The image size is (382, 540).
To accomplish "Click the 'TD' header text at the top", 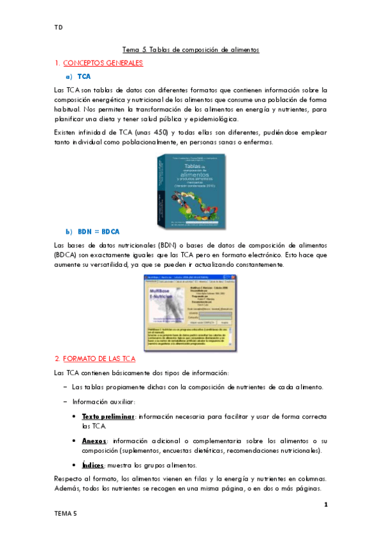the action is pyautogui.click(x=58, y=28).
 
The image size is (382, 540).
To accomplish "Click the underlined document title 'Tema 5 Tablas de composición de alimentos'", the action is pyautogui.click(x=191, y=50).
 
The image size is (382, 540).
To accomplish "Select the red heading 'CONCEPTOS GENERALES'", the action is pyautogui.click(x=102, y=63).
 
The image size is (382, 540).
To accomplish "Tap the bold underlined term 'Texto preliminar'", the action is pyautogui.click(x=108, y=416).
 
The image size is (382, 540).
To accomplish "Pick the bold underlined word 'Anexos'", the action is pyautogui.click(x=94, y=440).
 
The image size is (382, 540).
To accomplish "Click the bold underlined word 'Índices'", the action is pyautogui.click(x=94, y=465).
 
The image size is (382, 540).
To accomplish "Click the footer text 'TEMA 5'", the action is pyautogui.click(x=66, y=513).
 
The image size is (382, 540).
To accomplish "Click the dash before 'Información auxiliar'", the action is pyautogui.click(x=66, y=401).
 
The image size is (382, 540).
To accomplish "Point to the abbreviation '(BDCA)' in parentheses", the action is pyautogui.click(x=68, y=254).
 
